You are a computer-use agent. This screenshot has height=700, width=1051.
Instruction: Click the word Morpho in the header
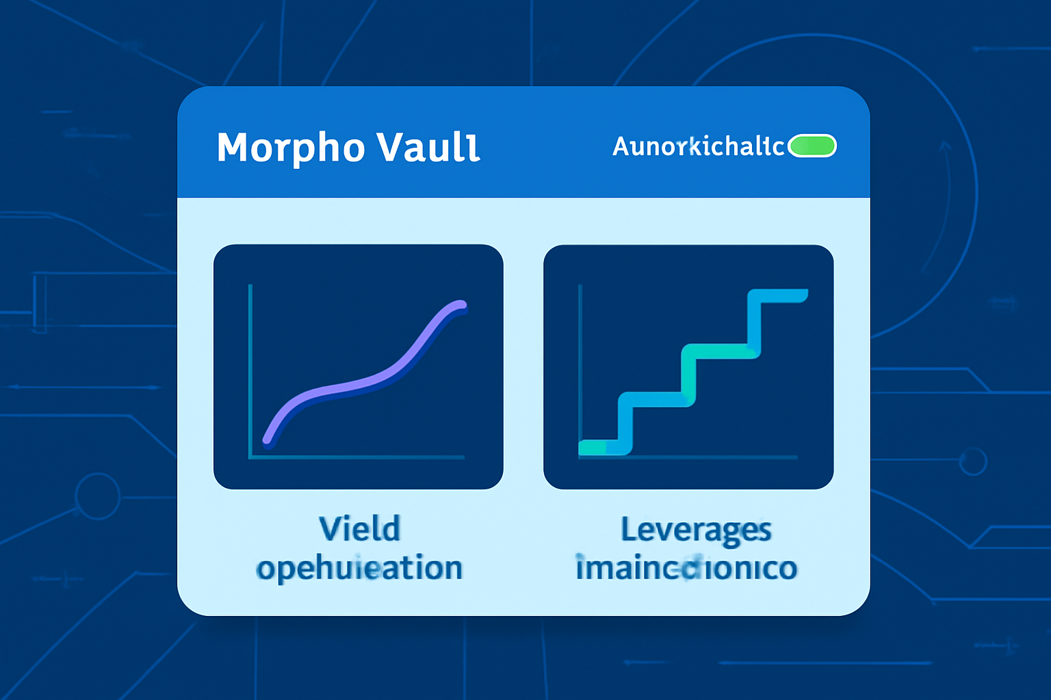(x=291, y=148)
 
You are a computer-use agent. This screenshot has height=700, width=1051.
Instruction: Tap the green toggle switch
(x=812, y=146)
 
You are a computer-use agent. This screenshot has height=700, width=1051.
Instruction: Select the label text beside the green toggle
(x=698, y=146)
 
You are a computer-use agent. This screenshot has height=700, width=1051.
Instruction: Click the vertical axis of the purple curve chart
(x=250, y=369)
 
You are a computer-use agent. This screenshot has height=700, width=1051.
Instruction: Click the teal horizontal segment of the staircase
(x=718, y=351)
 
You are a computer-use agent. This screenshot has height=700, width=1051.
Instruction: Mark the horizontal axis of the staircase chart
(x=712, y=457)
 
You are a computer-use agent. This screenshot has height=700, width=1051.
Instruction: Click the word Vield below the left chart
(x=359, y=529)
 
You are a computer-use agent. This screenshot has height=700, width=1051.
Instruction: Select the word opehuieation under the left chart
(x=359, y=568)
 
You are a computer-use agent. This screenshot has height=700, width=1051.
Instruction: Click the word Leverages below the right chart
(x=696, y=530)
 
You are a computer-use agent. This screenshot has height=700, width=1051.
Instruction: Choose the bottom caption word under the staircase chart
(x=686, y=568)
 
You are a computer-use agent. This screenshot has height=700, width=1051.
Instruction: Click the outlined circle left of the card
(x=97, y=496)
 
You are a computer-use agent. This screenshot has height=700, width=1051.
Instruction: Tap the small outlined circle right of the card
(x=972, y=461)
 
